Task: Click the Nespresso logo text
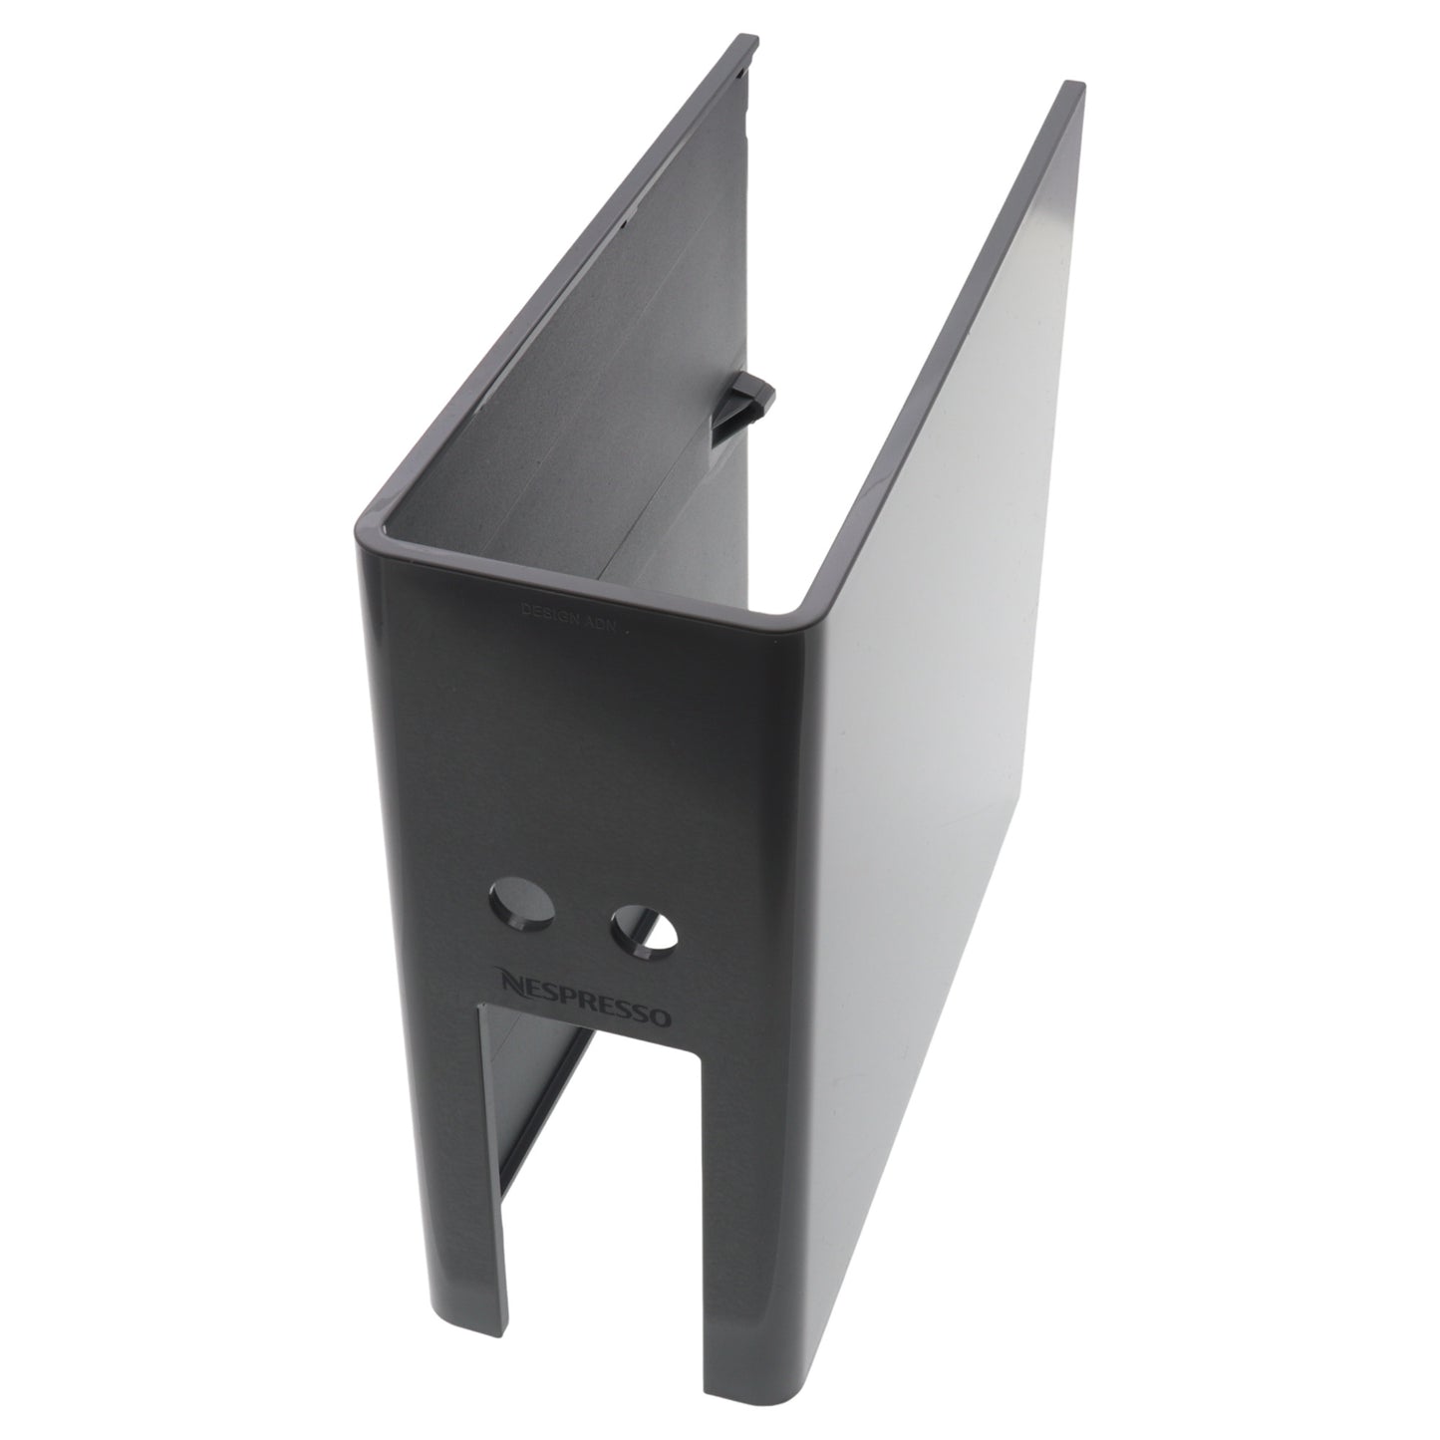click(x=586, y=1000)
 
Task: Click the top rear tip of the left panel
click(x=749, y=45)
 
